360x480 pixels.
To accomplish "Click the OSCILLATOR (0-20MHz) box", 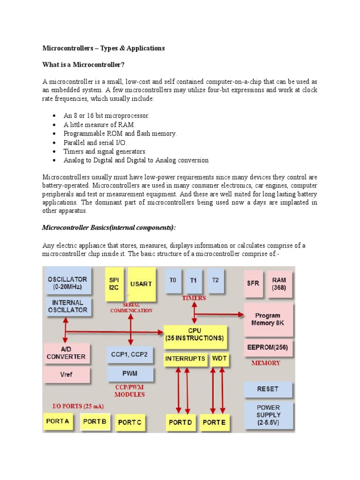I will pos(67,283).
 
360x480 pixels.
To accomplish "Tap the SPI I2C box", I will pos(114,284).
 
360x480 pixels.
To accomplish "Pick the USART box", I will pos(141,284).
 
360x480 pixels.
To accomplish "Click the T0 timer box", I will pos(173,281).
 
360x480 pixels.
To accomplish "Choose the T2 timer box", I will pos(215,281).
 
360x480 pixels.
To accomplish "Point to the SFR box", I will pos(253,283).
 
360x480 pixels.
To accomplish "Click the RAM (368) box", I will pos(279,284).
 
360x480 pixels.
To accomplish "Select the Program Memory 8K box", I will pos(268,320).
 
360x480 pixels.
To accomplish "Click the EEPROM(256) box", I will pos(268,348).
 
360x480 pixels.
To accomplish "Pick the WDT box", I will pos(219,359).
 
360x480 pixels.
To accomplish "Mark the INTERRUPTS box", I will pos(185,359).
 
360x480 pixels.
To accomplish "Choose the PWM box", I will pos(130,374).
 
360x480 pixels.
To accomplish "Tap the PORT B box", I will pos(95,421).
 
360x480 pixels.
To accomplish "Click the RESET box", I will pos(268,389).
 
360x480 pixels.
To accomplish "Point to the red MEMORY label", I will pos(266,363).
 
